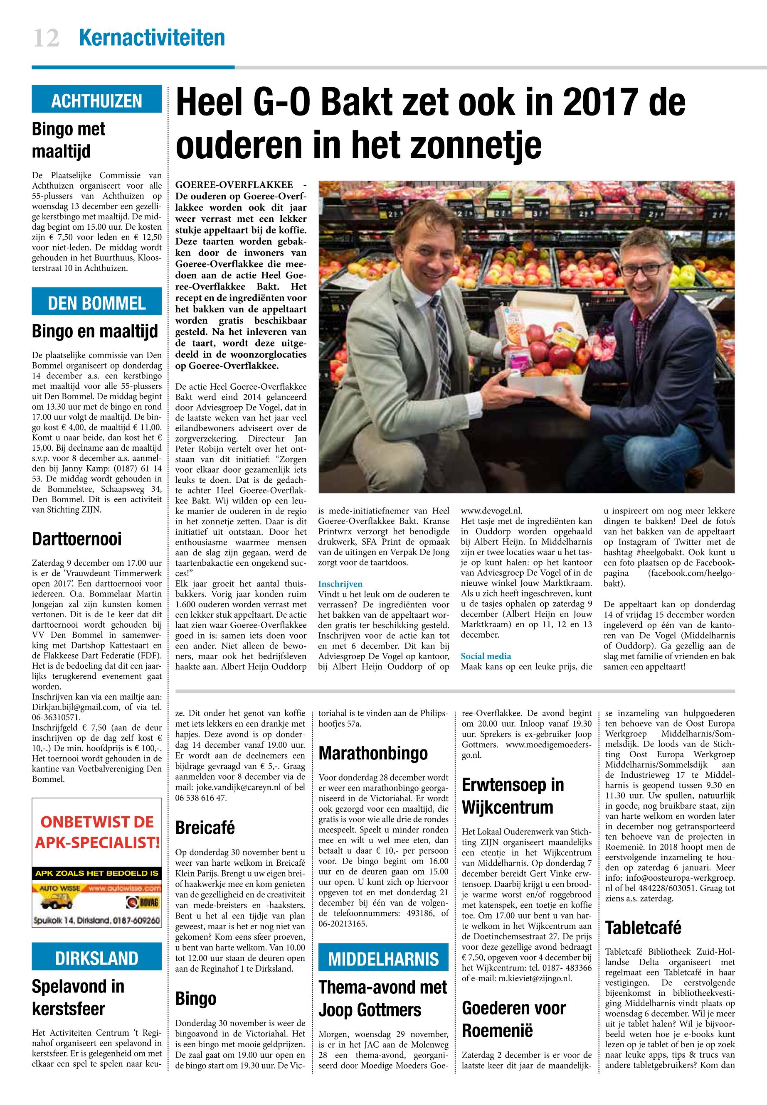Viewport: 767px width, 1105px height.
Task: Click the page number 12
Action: pos(46,38)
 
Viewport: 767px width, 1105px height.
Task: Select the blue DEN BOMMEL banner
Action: pos(96,303)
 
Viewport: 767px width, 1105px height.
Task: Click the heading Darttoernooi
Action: pos(77,539)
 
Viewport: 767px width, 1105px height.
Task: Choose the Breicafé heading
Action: pos(205,828)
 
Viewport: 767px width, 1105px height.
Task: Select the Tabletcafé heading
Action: pos(643,927)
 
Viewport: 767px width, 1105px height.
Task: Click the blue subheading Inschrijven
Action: pos(340,584)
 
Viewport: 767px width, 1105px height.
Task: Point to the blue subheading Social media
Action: pos(486,656)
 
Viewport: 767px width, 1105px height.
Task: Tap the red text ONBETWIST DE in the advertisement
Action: pos(96,822)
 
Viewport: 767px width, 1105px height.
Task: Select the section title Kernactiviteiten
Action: pos(151,38)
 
